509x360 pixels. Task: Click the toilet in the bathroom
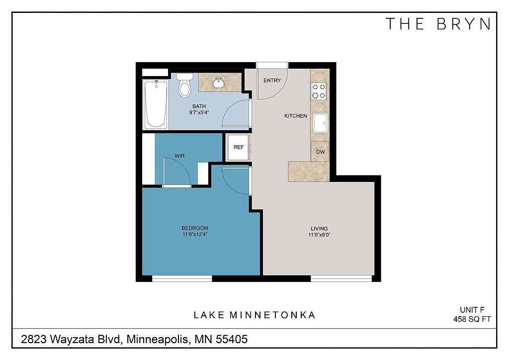pos(185,85)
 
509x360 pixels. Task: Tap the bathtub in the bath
pos(156,104)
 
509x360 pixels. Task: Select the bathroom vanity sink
pos(219,83)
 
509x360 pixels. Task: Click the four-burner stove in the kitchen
pos(319,91)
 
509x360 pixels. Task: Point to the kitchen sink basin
pos(321,123)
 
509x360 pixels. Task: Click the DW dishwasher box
pos(320,152)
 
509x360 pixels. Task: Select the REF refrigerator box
pos(239,147)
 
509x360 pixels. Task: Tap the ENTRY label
pos(272,81)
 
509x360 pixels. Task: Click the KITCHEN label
pos(295,116)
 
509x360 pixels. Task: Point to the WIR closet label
pos(179,156)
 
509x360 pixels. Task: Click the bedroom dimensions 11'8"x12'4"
pos(195,234)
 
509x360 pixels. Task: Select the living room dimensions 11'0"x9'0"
pos(320,235)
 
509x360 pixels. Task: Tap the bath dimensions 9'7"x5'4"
pos(199,113)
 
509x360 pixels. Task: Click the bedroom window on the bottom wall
pos(182,278)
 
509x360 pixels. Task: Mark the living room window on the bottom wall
pos(341,278)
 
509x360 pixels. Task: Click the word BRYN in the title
pos(464,24)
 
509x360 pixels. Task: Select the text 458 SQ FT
pos(472,319)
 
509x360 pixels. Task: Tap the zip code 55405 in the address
pos(232,339)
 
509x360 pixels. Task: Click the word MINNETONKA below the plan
pos(272,315)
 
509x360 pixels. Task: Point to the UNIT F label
pos(472,310)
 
